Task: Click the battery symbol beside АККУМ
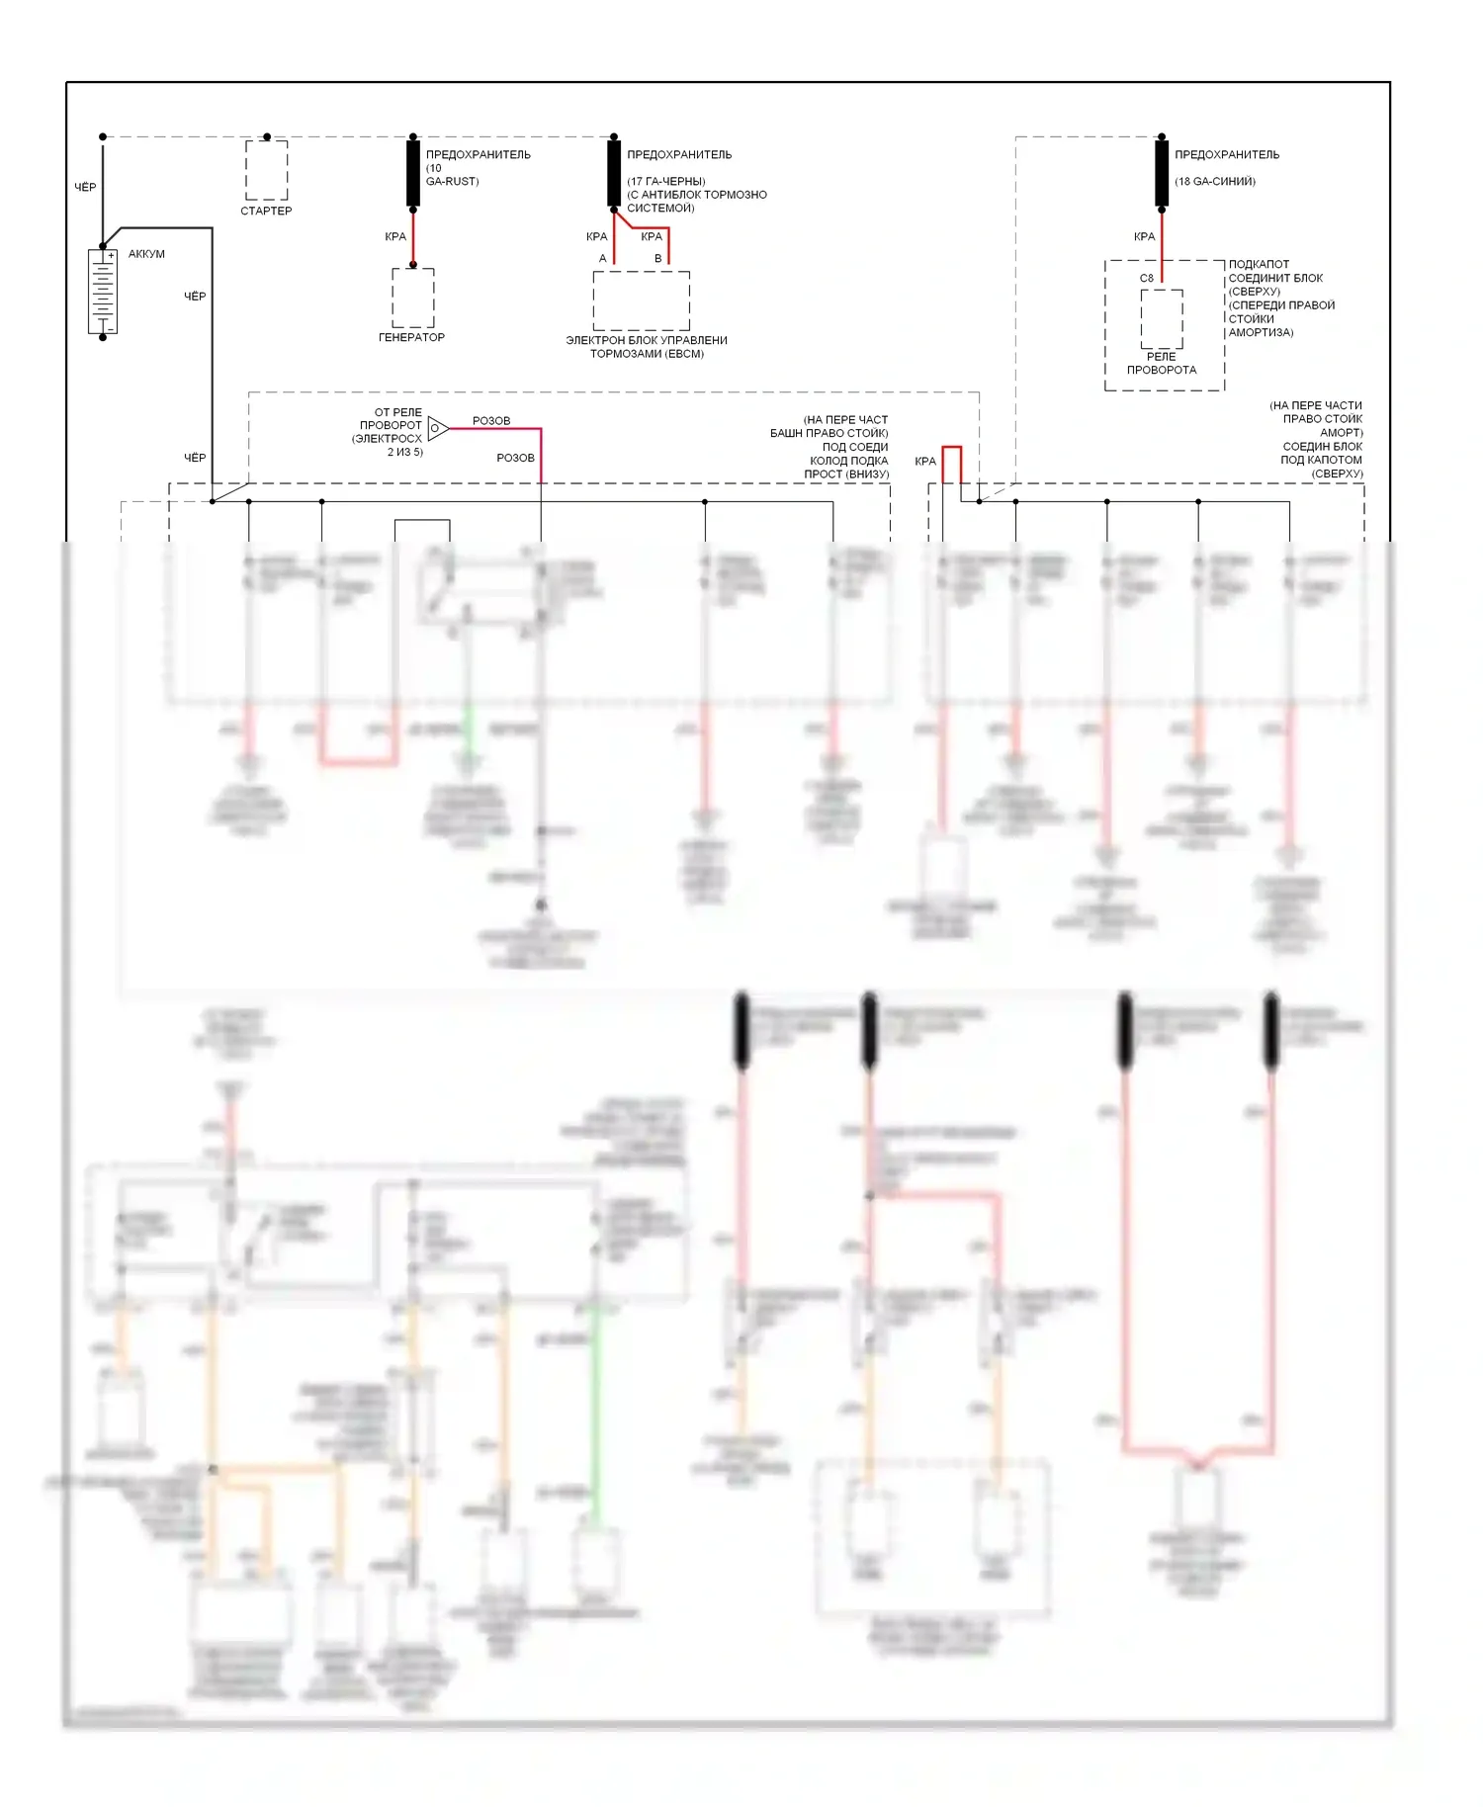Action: point(103,291)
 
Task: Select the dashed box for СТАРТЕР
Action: point(266,170)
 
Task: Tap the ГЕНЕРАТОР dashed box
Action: point(413,298)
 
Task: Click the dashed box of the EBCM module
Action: point(641,301)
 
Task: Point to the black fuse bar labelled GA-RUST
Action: point(413,173)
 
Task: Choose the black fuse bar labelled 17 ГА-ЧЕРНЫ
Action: point(614,173)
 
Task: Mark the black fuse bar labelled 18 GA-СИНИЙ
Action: point(1162,173)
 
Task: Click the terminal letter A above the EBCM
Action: point(602,258)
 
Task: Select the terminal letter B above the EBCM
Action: point(657,258)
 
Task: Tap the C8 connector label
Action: point(1146,278)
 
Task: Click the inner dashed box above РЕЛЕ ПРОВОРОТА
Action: point(1162,318)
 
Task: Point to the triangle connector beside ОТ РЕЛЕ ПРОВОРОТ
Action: point(437,427)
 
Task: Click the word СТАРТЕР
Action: point(266,211)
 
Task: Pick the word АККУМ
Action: point(146,254)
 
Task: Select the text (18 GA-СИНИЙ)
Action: point(1214,181)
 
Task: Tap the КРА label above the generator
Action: point(395,236)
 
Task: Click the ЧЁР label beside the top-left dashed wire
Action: point(85,187)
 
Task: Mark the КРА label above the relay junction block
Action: point(1144,236)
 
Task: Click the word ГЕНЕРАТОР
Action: point(411,337)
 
